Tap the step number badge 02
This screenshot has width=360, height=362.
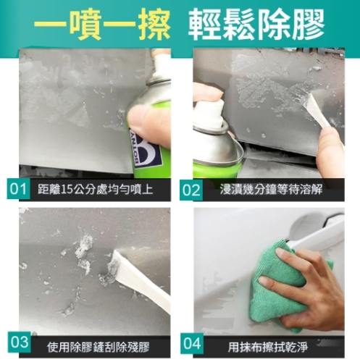191,190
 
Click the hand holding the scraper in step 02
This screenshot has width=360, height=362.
330,148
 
